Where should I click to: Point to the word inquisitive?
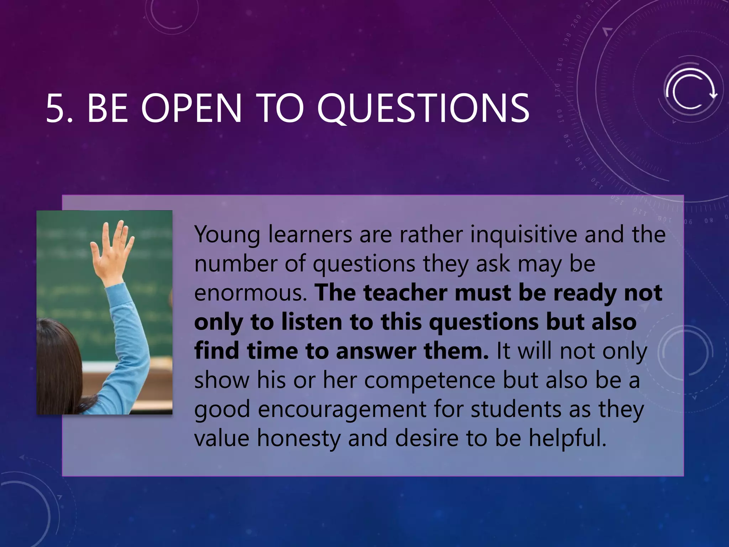point(523,235)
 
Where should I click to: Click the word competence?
point(430,380)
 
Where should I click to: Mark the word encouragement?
point(342,410)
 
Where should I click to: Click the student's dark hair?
point(61,367)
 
